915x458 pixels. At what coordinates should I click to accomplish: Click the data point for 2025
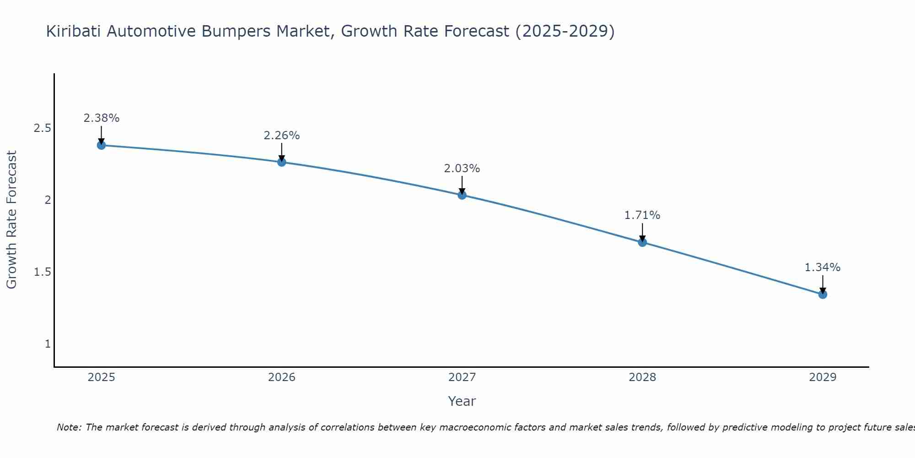pos(101,145)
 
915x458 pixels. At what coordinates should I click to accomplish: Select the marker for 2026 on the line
pos(281,162)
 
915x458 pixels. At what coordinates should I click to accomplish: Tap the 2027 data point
pos(462,195)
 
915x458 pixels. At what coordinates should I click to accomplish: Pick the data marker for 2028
pos(642,242)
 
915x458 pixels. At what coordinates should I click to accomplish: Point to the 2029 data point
pos(823,294)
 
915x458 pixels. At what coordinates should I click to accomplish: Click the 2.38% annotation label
pos(101,118)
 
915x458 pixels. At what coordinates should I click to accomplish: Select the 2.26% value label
pos(281,136)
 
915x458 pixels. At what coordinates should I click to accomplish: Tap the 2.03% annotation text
pos(462,169)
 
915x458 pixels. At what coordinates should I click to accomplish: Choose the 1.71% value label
pos(642,215)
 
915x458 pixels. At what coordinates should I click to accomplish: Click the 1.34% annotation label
pos(823,267)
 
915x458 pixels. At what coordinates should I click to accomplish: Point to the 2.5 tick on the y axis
pos(42,128)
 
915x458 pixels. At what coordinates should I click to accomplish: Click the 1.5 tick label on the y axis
pos(42,272)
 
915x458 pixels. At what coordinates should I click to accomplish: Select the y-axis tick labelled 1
pos(48,344)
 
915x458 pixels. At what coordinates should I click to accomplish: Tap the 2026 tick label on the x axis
pos(281,377)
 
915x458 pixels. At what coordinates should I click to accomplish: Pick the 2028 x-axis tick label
pos(642,377)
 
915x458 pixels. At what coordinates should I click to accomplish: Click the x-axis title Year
pos(462,401)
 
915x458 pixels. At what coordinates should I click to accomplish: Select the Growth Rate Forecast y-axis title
pos(11,220)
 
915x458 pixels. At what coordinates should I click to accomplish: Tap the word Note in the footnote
pos(69,427)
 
